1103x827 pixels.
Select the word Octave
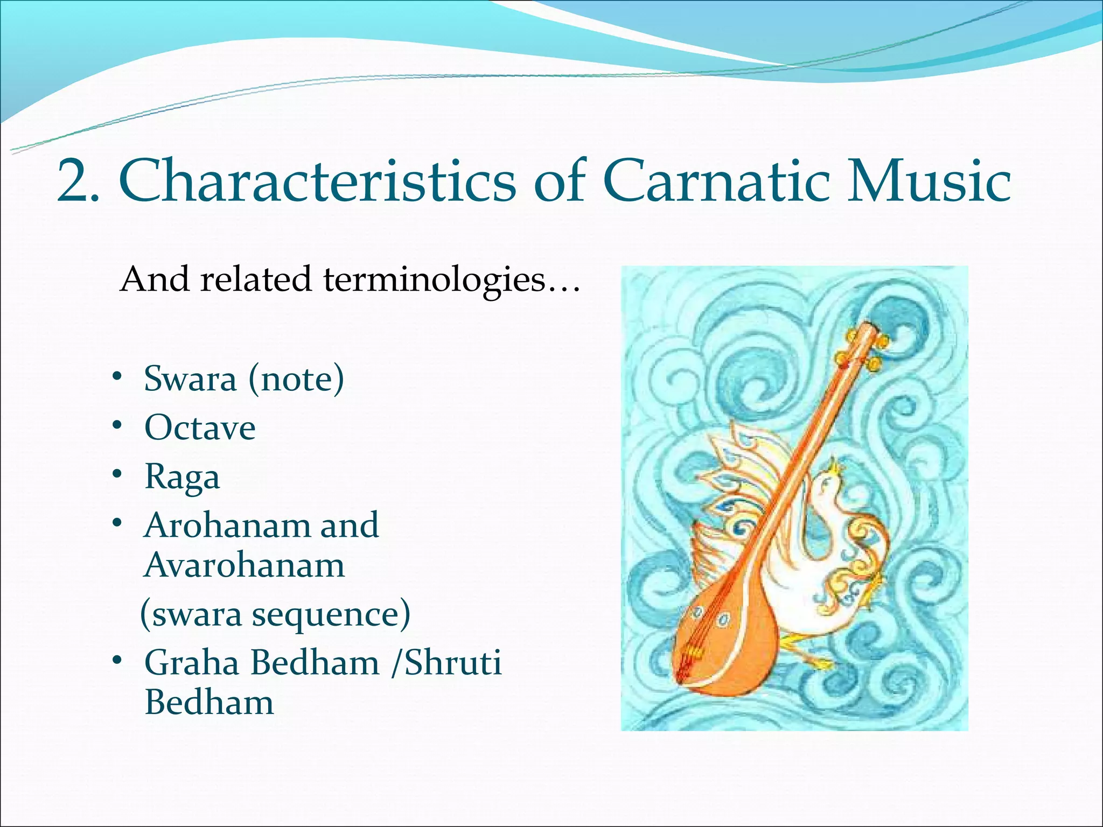[x=200, y=428]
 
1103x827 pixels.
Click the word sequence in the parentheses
[x=331, y=615]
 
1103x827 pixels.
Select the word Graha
[x=192, y=663]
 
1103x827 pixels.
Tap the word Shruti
[x=453, y=663]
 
